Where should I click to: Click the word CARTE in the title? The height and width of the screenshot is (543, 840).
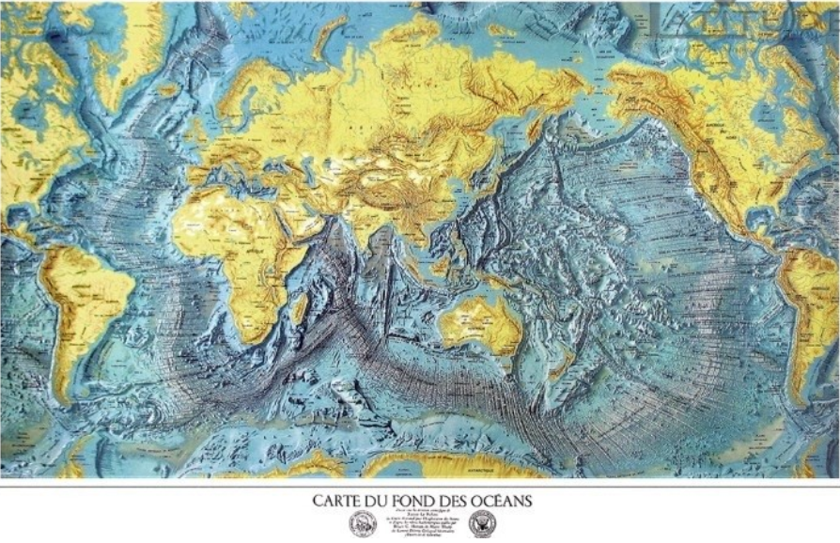[x=334, y=501]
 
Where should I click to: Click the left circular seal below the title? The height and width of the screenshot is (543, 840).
[x=362, y=523]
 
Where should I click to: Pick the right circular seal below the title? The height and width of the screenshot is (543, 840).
[x=481, y=523]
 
